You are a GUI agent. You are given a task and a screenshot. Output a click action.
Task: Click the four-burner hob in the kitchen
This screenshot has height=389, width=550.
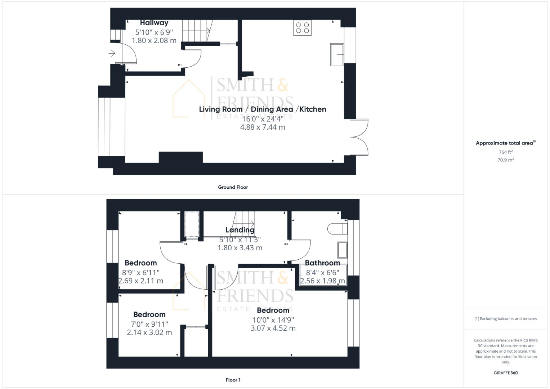(x=302, y=28)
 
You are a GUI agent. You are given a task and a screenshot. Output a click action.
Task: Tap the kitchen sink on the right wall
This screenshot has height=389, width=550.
(x=337, y=54)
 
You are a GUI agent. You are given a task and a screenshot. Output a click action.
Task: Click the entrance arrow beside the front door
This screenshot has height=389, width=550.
(x=112, y=54)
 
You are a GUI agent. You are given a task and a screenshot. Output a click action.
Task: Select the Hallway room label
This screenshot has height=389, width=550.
(x=154, y=23)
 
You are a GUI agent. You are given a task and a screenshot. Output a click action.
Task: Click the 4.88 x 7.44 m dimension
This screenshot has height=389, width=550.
(x=263, y=127)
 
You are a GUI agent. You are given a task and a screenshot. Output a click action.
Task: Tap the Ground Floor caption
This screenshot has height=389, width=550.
(x=233, y=187)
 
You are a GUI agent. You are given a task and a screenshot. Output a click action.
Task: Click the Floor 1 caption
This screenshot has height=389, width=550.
(x=233, y=380)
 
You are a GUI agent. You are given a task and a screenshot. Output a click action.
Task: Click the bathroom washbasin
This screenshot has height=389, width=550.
(x=342, y=250)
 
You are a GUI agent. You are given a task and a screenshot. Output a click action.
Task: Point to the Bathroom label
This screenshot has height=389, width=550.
(x=322, y=263)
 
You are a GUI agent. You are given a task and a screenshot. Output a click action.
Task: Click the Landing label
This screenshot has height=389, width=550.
(x=240, y=230)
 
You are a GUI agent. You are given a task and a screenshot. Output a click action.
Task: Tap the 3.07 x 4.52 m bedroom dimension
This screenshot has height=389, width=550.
(x=273, y=328)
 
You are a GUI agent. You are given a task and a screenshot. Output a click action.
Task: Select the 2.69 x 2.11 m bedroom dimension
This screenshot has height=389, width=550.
(x=141, y=281)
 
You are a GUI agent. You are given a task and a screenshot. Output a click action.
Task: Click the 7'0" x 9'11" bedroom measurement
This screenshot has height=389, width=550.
(x=149, y=324)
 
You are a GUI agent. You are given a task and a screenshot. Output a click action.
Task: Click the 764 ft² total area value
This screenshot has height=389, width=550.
(x=505, y=152)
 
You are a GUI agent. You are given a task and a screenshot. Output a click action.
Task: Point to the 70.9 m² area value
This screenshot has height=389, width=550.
(x=505, y=160)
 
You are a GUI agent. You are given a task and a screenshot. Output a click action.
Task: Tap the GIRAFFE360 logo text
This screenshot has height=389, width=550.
(x=505, y=373)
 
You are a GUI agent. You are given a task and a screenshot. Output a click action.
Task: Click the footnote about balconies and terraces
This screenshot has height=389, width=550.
(x=505, y=319)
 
